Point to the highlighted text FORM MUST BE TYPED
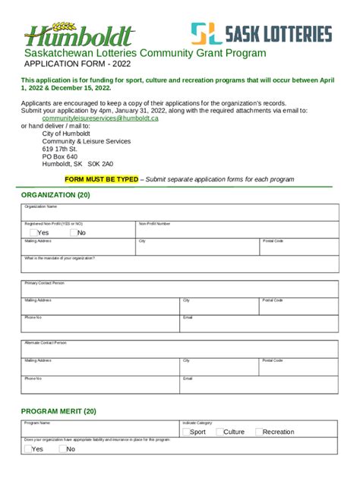[102, 179]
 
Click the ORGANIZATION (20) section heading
[55, 195]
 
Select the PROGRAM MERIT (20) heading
[58, 410]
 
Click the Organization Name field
[179, 213]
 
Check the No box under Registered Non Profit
[74, 233]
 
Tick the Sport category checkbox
[185, 432]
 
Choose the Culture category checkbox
[219, 432]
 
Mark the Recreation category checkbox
[259, 432]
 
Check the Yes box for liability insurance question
[27, 448]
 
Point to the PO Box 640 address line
[60, 156]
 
